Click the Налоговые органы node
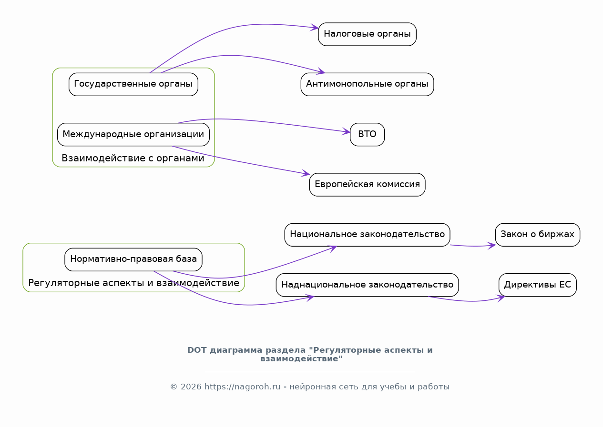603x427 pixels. [x=367, y=34]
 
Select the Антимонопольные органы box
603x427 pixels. [x=367, y=84]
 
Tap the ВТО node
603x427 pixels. [x=367, y=134]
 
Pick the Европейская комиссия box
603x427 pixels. [x=367, y=184]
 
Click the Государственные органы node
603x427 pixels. [x=133, y=84]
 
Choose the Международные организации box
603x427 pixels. [x=133, y=134]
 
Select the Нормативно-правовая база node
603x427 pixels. [x=133, y=259]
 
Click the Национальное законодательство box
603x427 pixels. [x=367, y=235]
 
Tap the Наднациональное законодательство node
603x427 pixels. [x=367, y=285]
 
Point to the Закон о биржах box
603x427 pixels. [x=537, y=235]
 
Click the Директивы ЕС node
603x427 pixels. [x=537, y=285]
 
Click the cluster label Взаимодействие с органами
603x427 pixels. [x=133, y=158]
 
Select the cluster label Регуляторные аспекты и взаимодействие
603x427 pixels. [x=134, y=283]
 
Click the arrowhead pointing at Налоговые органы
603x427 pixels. [x=315, y=27]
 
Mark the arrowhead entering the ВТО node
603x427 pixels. [x=346, y=131]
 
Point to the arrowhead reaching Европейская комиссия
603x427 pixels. [x=306, y=173]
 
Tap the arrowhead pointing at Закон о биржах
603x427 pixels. [x=491, y=246]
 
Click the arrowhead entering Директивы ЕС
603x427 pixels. [x=501, y=298]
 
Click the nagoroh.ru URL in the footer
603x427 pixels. [x=242, y=387]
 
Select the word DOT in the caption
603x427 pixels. [x=197, y=350]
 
